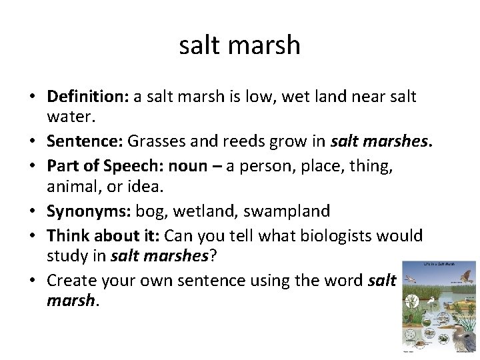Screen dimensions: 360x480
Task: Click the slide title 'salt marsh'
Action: [x=240, y=45]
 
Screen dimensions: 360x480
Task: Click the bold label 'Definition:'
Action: [x=87, y=97]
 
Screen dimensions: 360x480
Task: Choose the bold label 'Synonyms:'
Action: [x=89, y=211]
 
